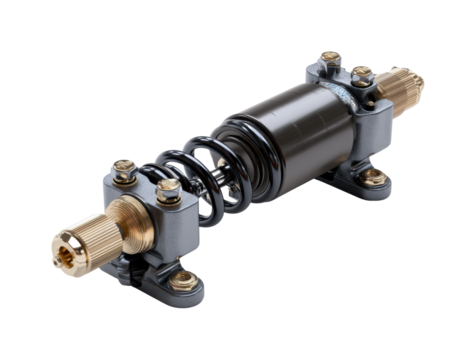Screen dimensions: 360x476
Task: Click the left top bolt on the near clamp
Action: coord(124,172)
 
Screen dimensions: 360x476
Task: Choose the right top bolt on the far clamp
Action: coord(363,75)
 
